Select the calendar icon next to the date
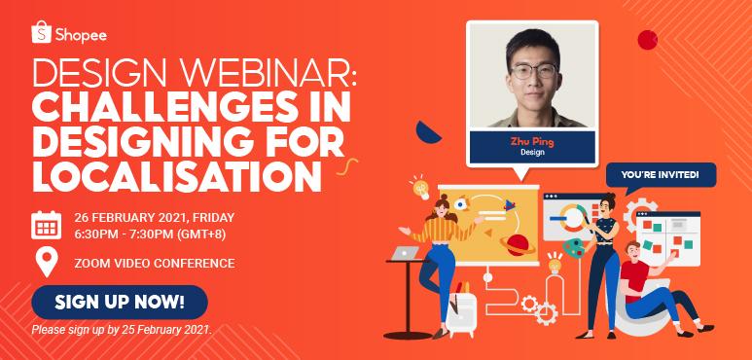point(47,225)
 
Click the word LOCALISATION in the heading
point(175,176)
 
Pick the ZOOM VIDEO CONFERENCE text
point(154,263)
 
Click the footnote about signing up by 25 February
point(122,330)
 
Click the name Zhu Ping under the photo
point(524,140)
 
